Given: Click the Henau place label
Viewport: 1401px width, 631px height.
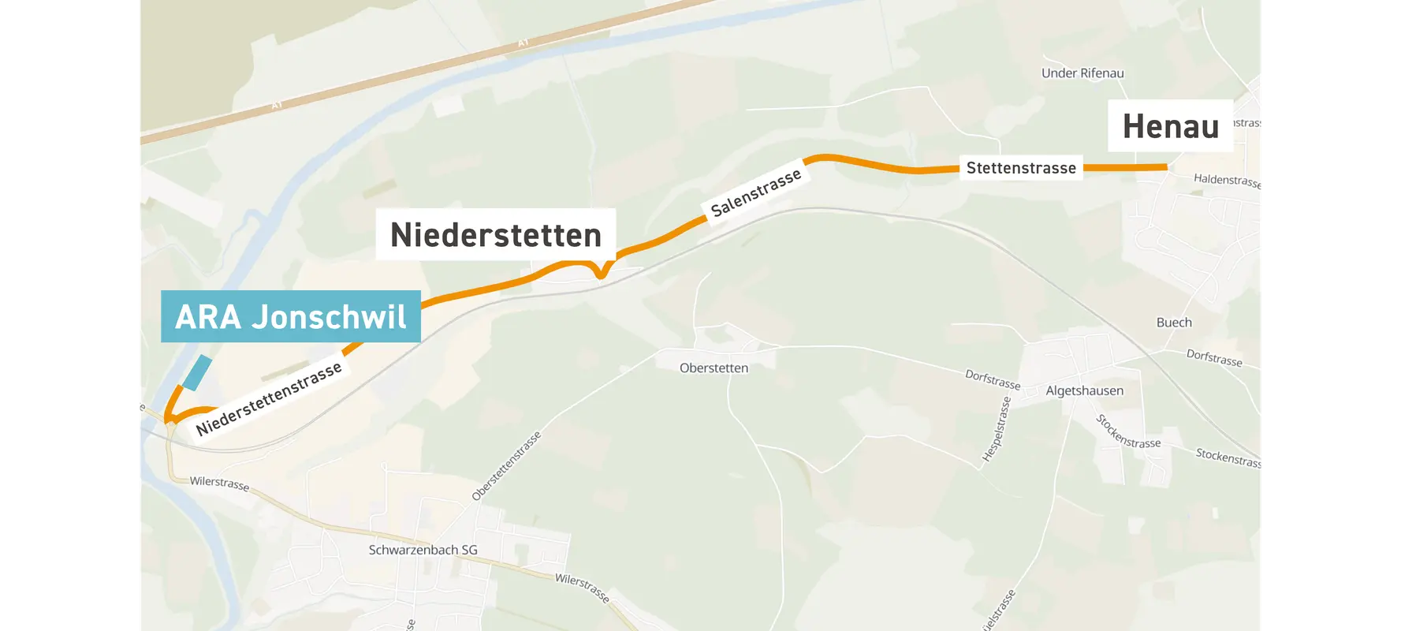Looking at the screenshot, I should point(1170,126).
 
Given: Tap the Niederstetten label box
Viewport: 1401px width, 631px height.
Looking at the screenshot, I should point(495,235).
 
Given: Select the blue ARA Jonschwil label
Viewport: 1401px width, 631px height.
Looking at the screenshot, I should point(290,316).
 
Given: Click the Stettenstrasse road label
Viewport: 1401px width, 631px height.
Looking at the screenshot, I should point(1021,168).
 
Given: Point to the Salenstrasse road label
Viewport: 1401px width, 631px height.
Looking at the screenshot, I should point(755,192).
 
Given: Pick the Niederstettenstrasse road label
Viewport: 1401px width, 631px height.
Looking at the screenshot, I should point(269,398).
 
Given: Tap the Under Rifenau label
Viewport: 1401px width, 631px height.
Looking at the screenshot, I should point(1082,73).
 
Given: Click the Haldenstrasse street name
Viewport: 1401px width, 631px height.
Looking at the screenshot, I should point(1228,181).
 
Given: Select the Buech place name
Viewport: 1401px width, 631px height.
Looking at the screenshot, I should point(1174,323).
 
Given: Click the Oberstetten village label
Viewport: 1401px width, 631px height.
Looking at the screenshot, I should point(714,368).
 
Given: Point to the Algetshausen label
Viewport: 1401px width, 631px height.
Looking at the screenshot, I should point(1084,391).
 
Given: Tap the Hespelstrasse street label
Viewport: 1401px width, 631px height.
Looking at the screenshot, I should point(997,429).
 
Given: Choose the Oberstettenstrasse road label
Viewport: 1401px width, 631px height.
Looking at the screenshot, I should point(506,466).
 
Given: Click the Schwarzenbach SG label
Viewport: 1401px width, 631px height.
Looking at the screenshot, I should point(423,550).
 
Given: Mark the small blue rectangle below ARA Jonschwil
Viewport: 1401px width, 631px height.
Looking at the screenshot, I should point(196,372).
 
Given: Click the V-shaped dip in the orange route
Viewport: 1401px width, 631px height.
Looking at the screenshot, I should point(601,274).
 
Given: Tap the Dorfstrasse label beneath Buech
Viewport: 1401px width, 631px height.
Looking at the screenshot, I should point(1214,358).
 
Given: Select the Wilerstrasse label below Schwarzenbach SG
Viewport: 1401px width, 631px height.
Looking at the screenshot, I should point(582,588).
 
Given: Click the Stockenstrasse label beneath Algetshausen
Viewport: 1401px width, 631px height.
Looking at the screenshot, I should point(1127,432).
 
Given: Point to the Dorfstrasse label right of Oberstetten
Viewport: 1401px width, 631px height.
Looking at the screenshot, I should point(993,379).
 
